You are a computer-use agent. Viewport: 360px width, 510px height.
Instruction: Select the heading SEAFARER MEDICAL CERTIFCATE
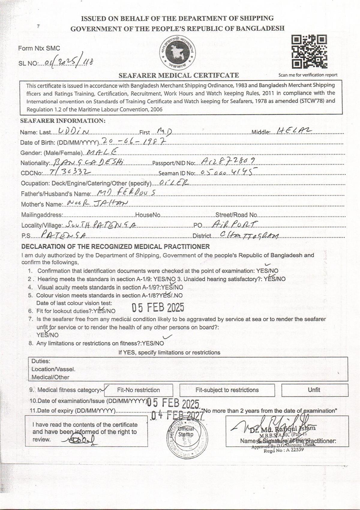[x=179, y=75]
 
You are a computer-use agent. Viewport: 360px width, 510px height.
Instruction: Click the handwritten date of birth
[x=134, y=141]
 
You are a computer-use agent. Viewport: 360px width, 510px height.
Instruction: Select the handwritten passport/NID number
[x=229, y=162]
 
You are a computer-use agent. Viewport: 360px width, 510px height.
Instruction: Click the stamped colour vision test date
[x=158, y=308]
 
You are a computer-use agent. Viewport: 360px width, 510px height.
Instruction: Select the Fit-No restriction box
[x=139, y=390]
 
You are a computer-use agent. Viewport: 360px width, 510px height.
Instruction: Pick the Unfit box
[x=314, y=390]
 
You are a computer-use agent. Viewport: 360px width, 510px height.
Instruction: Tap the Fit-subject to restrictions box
[x=227, y=390]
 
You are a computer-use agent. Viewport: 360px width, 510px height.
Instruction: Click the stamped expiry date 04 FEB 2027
[x=177, y=415]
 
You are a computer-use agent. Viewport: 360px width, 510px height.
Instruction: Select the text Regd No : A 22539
[x=279, y=450]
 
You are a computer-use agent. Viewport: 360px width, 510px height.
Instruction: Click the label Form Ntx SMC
[x=39, y=48]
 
